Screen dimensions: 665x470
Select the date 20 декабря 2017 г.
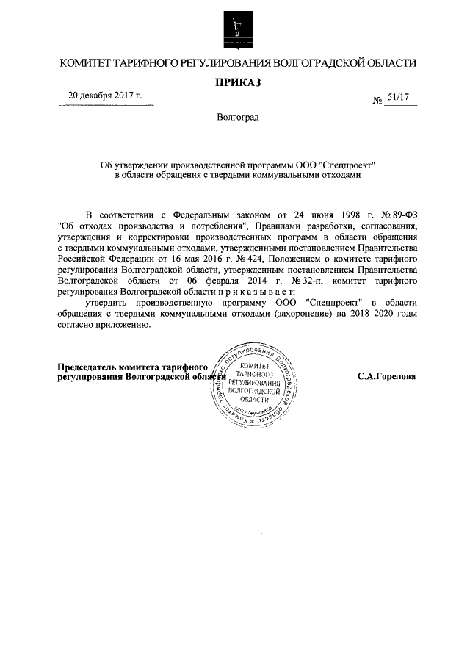pos(105,96)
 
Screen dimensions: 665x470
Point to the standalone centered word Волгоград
pos(237,116)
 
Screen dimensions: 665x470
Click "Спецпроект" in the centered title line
pos(348,165)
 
